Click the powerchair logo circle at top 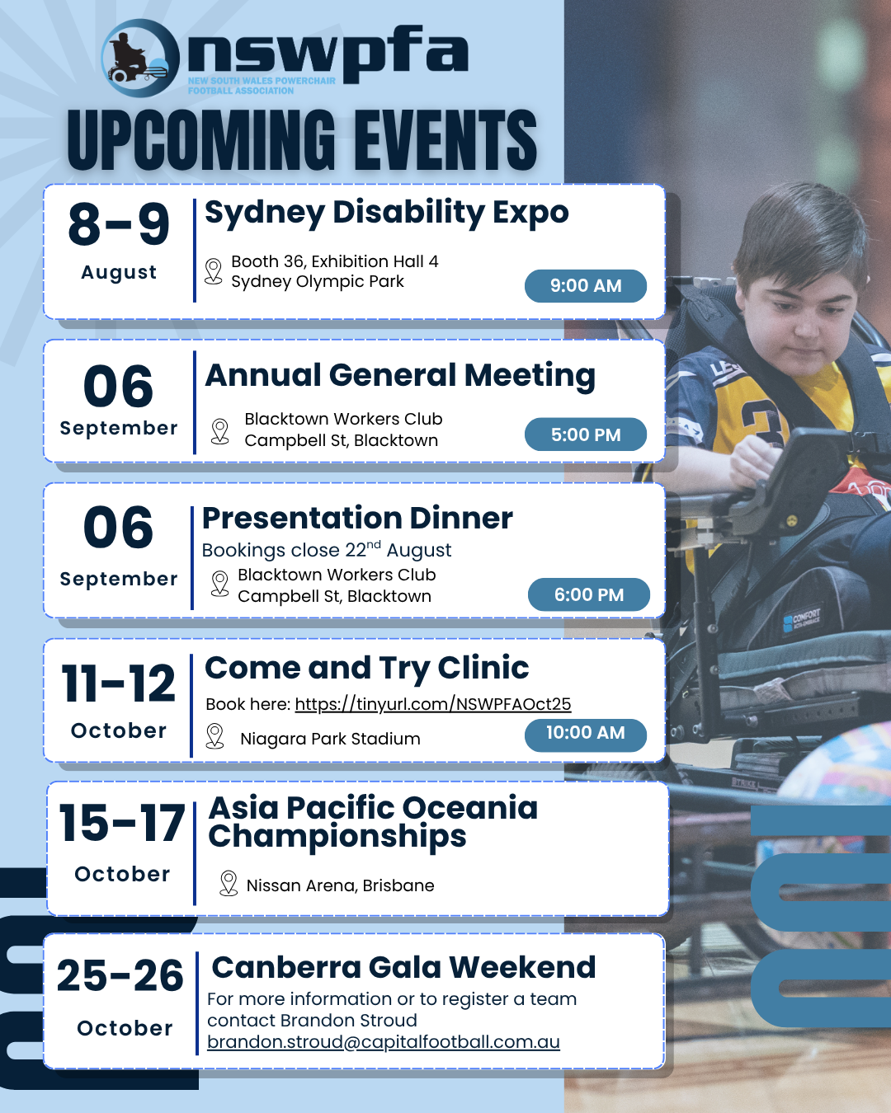(140, 58)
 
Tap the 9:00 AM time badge (586, 285)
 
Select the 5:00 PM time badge (586, 434)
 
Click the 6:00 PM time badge (589, 594)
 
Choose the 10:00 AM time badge (586, 733)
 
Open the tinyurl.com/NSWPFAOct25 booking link (433, 704)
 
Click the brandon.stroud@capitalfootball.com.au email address (383, 1041)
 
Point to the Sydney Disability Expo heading (386, 213)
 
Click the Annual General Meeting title (400, 375)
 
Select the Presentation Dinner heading (357, 518)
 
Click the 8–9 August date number (119, 224)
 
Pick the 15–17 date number (121, 822)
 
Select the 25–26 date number (120, 975)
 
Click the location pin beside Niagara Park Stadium (214, 736)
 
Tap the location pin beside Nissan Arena (229, 883)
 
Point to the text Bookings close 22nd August (327, 550)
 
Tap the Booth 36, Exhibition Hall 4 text (334, 261)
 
